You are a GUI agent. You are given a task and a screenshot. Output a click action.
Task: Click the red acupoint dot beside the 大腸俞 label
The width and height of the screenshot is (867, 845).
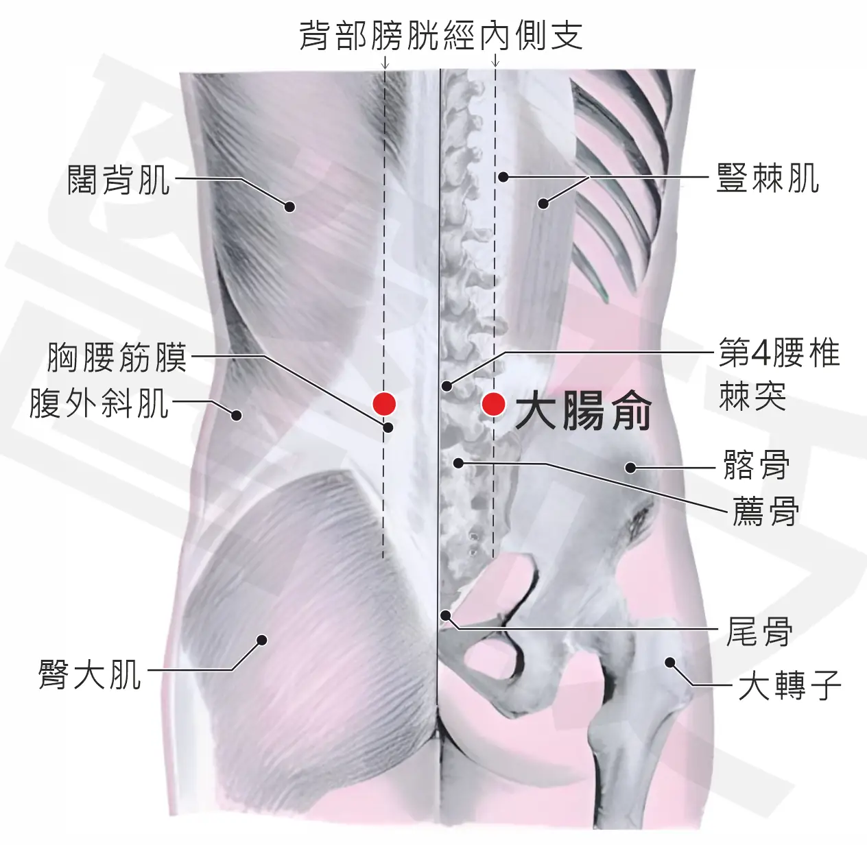pyautogui.click(x=493, y=404)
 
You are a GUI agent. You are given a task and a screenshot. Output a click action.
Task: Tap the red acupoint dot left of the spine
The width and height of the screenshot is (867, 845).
pyautogui.click(x=384, y=404)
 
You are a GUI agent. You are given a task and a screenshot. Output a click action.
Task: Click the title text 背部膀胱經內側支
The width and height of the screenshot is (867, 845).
pyautogui.click(x=440, y=35)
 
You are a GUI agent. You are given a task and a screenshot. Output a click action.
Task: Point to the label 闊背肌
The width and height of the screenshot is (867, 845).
pyautogui.click(x=119, y=180)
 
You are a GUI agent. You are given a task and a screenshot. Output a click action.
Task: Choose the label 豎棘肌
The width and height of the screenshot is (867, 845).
pyautogui.click(x=768, y=178)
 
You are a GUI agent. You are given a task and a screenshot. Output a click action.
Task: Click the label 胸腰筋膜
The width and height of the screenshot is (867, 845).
pyautogui.click(x=117, y=357)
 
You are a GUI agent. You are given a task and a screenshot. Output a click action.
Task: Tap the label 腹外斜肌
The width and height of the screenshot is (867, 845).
pyautogui.click(x=99, y=403)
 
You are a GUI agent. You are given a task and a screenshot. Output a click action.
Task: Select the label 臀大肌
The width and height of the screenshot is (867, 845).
pyautogui.click(x=90, y=674)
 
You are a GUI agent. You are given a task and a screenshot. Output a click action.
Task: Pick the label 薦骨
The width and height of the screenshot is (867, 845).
pyautogui.click(x=765, y=511)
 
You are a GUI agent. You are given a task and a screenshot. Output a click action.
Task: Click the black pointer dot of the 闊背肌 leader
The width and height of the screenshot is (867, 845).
pyautogui.click(x=289, y=206)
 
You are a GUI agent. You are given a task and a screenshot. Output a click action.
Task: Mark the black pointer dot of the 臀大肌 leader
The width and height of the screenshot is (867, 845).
pyautogui.click(x=262, y=640)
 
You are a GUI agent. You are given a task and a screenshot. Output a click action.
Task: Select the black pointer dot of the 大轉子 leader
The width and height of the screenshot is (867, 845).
pyautogui.click(x=669, y=663)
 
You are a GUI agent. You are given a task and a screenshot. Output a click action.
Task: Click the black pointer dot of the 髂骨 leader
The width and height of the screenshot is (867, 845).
pyautogui.click(x=630, y=468)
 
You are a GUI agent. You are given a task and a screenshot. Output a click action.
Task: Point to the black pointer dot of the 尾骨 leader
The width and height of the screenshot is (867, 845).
pyautogui.click(x=445, y=616)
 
